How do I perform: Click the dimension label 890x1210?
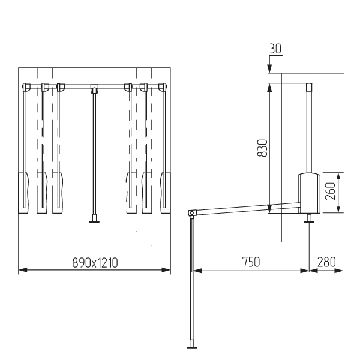pos(95,263)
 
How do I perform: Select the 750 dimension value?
pos(251,262)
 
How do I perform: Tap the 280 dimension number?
pos(326,262)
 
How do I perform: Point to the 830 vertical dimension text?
pos(262,148)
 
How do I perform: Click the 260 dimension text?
pos(331,191)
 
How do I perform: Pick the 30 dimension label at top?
pos(275,49)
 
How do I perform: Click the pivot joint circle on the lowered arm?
pos(191,213)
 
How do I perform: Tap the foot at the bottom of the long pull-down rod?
pos(191,344)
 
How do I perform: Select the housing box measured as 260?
pos(309,193)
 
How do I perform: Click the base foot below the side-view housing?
pos(309,218)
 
